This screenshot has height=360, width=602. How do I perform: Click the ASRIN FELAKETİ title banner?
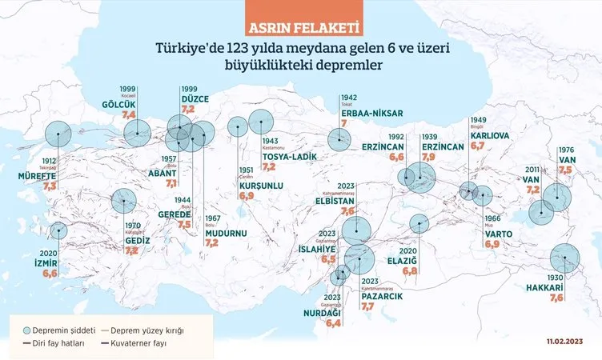coord(300,30)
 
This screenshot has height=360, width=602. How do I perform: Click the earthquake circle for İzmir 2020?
coord(58,231)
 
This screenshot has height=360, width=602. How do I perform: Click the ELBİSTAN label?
coord(337,202)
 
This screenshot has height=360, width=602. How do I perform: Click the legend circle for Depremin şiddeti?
coord(26,330)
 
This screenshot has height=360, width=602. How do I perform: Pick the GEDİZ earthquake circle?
coord(123,200)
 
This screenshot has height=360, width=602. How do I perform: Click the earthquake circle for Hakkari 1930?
coord(564,258)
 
